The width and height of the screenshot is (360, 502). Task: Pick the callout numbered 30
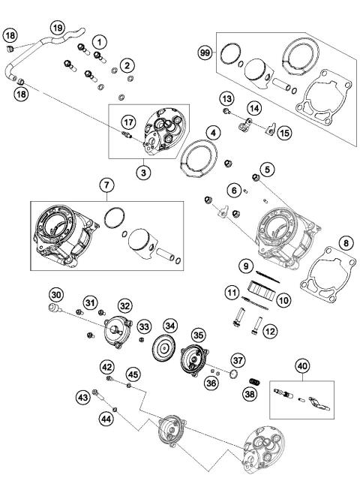coord(55,293)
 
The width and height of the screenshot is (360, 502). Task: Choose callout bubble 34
coord(172,326)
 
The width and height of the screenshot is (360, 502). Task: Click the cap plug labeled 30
coord(54,308)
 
